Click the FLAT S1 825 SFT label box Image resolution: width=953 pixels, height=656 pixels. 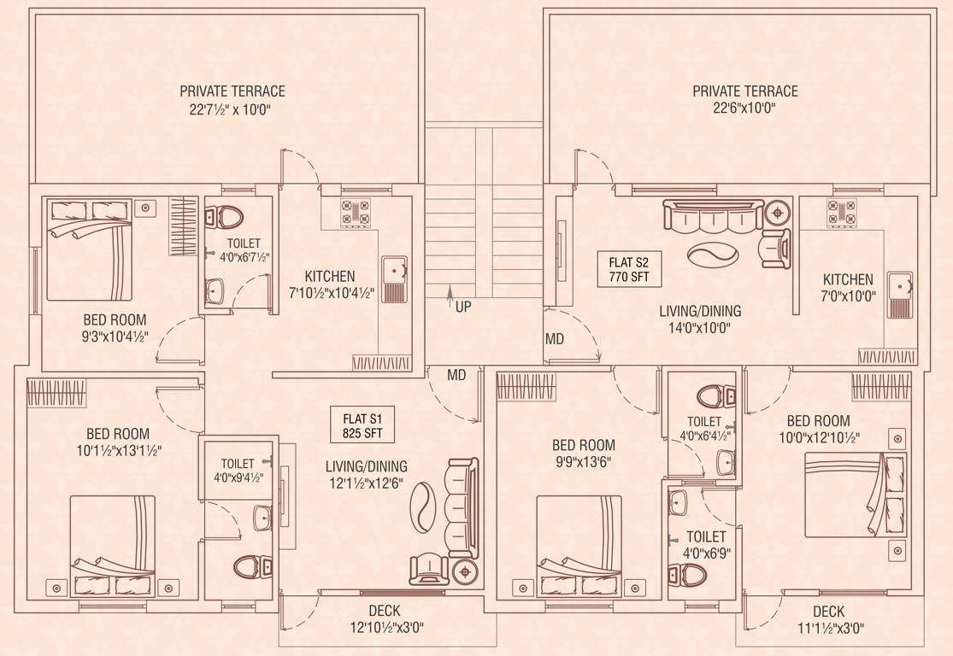pos(362,425)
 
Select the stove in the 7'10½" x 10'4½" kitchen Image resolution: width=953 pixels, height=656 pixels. pos(356,213)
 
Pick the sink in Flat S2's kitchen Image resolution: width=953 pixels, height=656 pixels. pos(900,289)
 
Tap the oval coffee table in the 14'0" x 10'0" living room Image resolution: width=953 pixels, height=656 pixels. pos(710,255)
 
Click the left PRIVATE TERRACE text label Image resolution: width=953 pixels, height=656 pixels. pos(232,91)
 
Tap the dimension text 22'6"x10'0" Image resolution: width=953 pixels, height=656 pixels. pos(745,108)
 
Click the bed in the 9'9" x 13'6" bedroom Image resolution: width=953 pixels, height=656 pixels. pos(578,547)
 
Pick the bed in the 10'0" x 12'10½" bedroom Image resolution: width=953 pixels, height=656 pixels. pos(856,495)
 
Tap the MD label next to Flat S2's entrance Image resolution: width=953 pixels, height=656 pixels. pos(554,340)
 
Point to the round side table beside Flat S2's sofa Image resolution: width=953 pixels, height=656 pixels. pos(777,211)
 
